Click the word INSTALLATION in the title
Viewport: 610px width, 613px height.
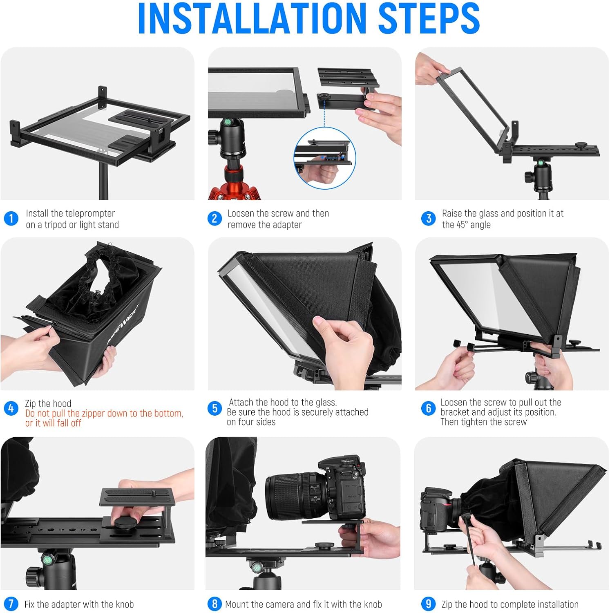click(251, 18)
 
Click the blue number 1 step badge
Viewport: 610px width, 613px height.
click(11, 218)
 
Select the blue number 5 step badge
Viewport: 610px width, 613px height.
click(215, 408)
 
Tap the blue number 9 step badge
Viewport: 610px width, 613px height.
click(428, 604)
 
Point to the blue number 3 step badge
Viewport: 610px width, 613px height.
click(429, 218)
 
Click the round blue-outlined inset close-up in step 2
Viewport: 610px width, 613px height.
click(325, 158)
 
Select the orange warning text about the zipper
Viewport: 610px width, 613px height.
click(104, 418)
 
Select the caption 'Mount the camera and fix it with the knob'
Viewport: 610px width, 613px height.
click(303, 604)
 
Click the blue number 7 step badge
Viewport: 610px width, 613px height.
click(11, 604)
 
